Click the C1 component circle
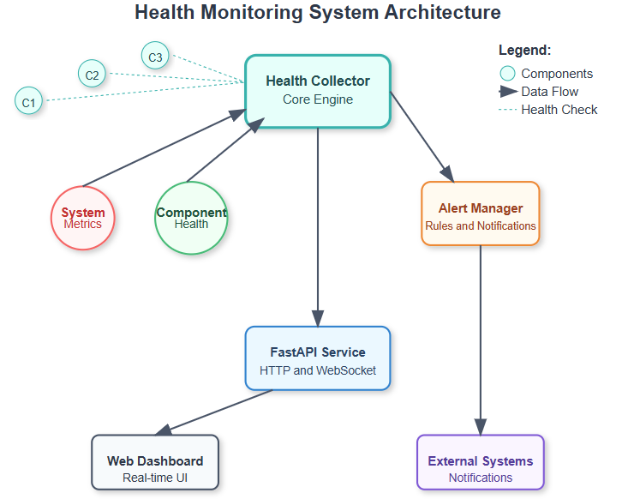point(28,101)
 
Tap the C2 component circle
point(92,74)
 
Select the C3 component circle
point(155,56)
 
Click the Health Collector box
point(318,91)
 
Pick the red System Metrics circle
point(83,218)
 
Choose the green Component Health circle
point(191,218)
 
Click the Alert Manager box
point(481,213)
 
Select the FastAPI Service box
point(318,358)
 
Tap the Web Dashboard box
point(155,462)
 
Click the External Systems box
point(481,462)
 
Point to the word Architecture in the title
point(442,12)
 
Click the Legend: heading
point(525,50)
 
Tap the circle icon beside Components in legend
point(507,74)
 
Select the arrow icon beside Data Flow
point(508,92)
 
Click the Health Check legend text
point(559,110)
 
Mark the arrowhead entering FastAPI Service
point(318,319)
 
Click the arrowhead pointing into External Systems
point(481,427)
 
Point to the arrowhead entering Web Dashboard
point(164,430)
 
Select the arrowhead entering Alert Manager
point(448,174)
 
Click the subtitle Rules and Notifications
point(481,225)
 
